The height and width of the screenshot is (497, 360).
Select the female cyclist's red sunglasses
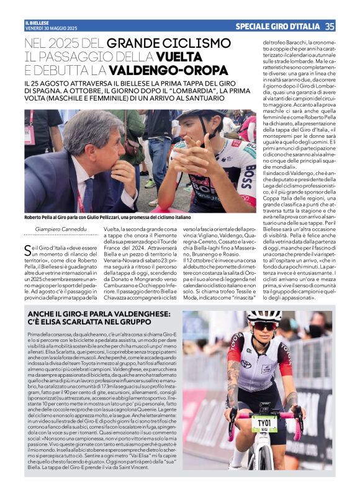point(264,325)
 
